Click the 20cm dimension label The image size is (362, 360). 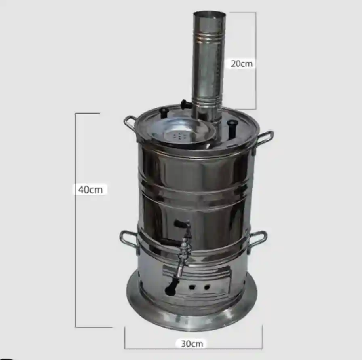point(242,64)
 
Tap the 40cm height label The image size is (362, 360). point(90,190)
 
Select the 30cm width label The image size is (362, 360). point(192,343)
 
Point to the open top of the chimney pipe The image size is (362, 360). point(209,15)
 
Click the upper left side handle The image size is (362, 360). point(129,123)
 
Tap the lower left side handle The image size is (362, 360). point(128,239)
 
